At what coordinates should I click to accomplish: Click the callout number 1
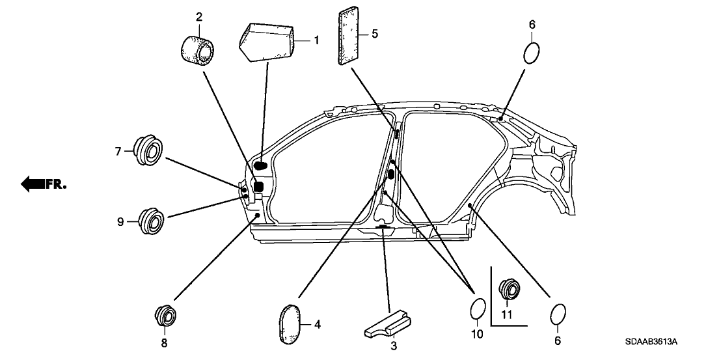pyautogui.click(x=316, y=40)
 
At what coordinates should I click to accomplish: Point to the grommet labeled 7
pyautogui.click(x=149, y=151)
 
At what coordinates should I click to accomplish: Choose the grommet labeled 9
pyautogui.click(x=152, y=221)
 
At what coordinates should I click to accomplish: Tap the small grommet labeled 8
pyautogui.click(x=165, y=316)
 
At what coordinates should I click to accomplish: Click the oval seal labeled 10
pyautogui.click(x=477, y=309)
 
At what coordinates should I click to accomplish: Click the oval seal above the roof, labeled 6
pyautogui.click(x=532, y=53)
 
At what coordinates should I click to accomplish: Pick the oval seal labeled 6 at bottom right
pyautogui.click(x=558, y=315)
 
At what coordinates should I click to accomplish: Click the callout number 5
pyautogui.click(x=375, y=34)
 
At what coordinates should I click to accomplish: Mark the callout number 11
pyautogui.click(x=507, y=315)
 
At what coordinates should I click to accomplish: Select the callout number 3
pyautogui.click(x=393, y=346)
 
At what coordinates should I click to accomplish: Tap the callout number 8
pyautogui.click(x=164, y=342)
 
